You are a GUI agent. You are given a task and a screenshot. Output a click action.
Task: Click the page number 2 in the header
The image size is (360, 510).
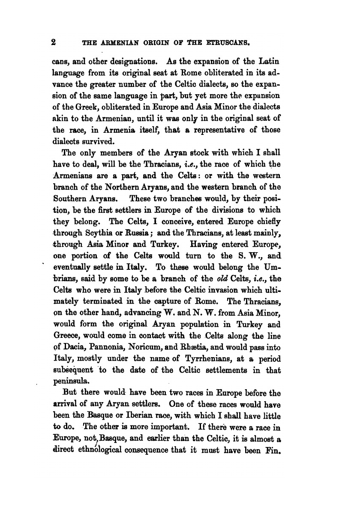[54, 42]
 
